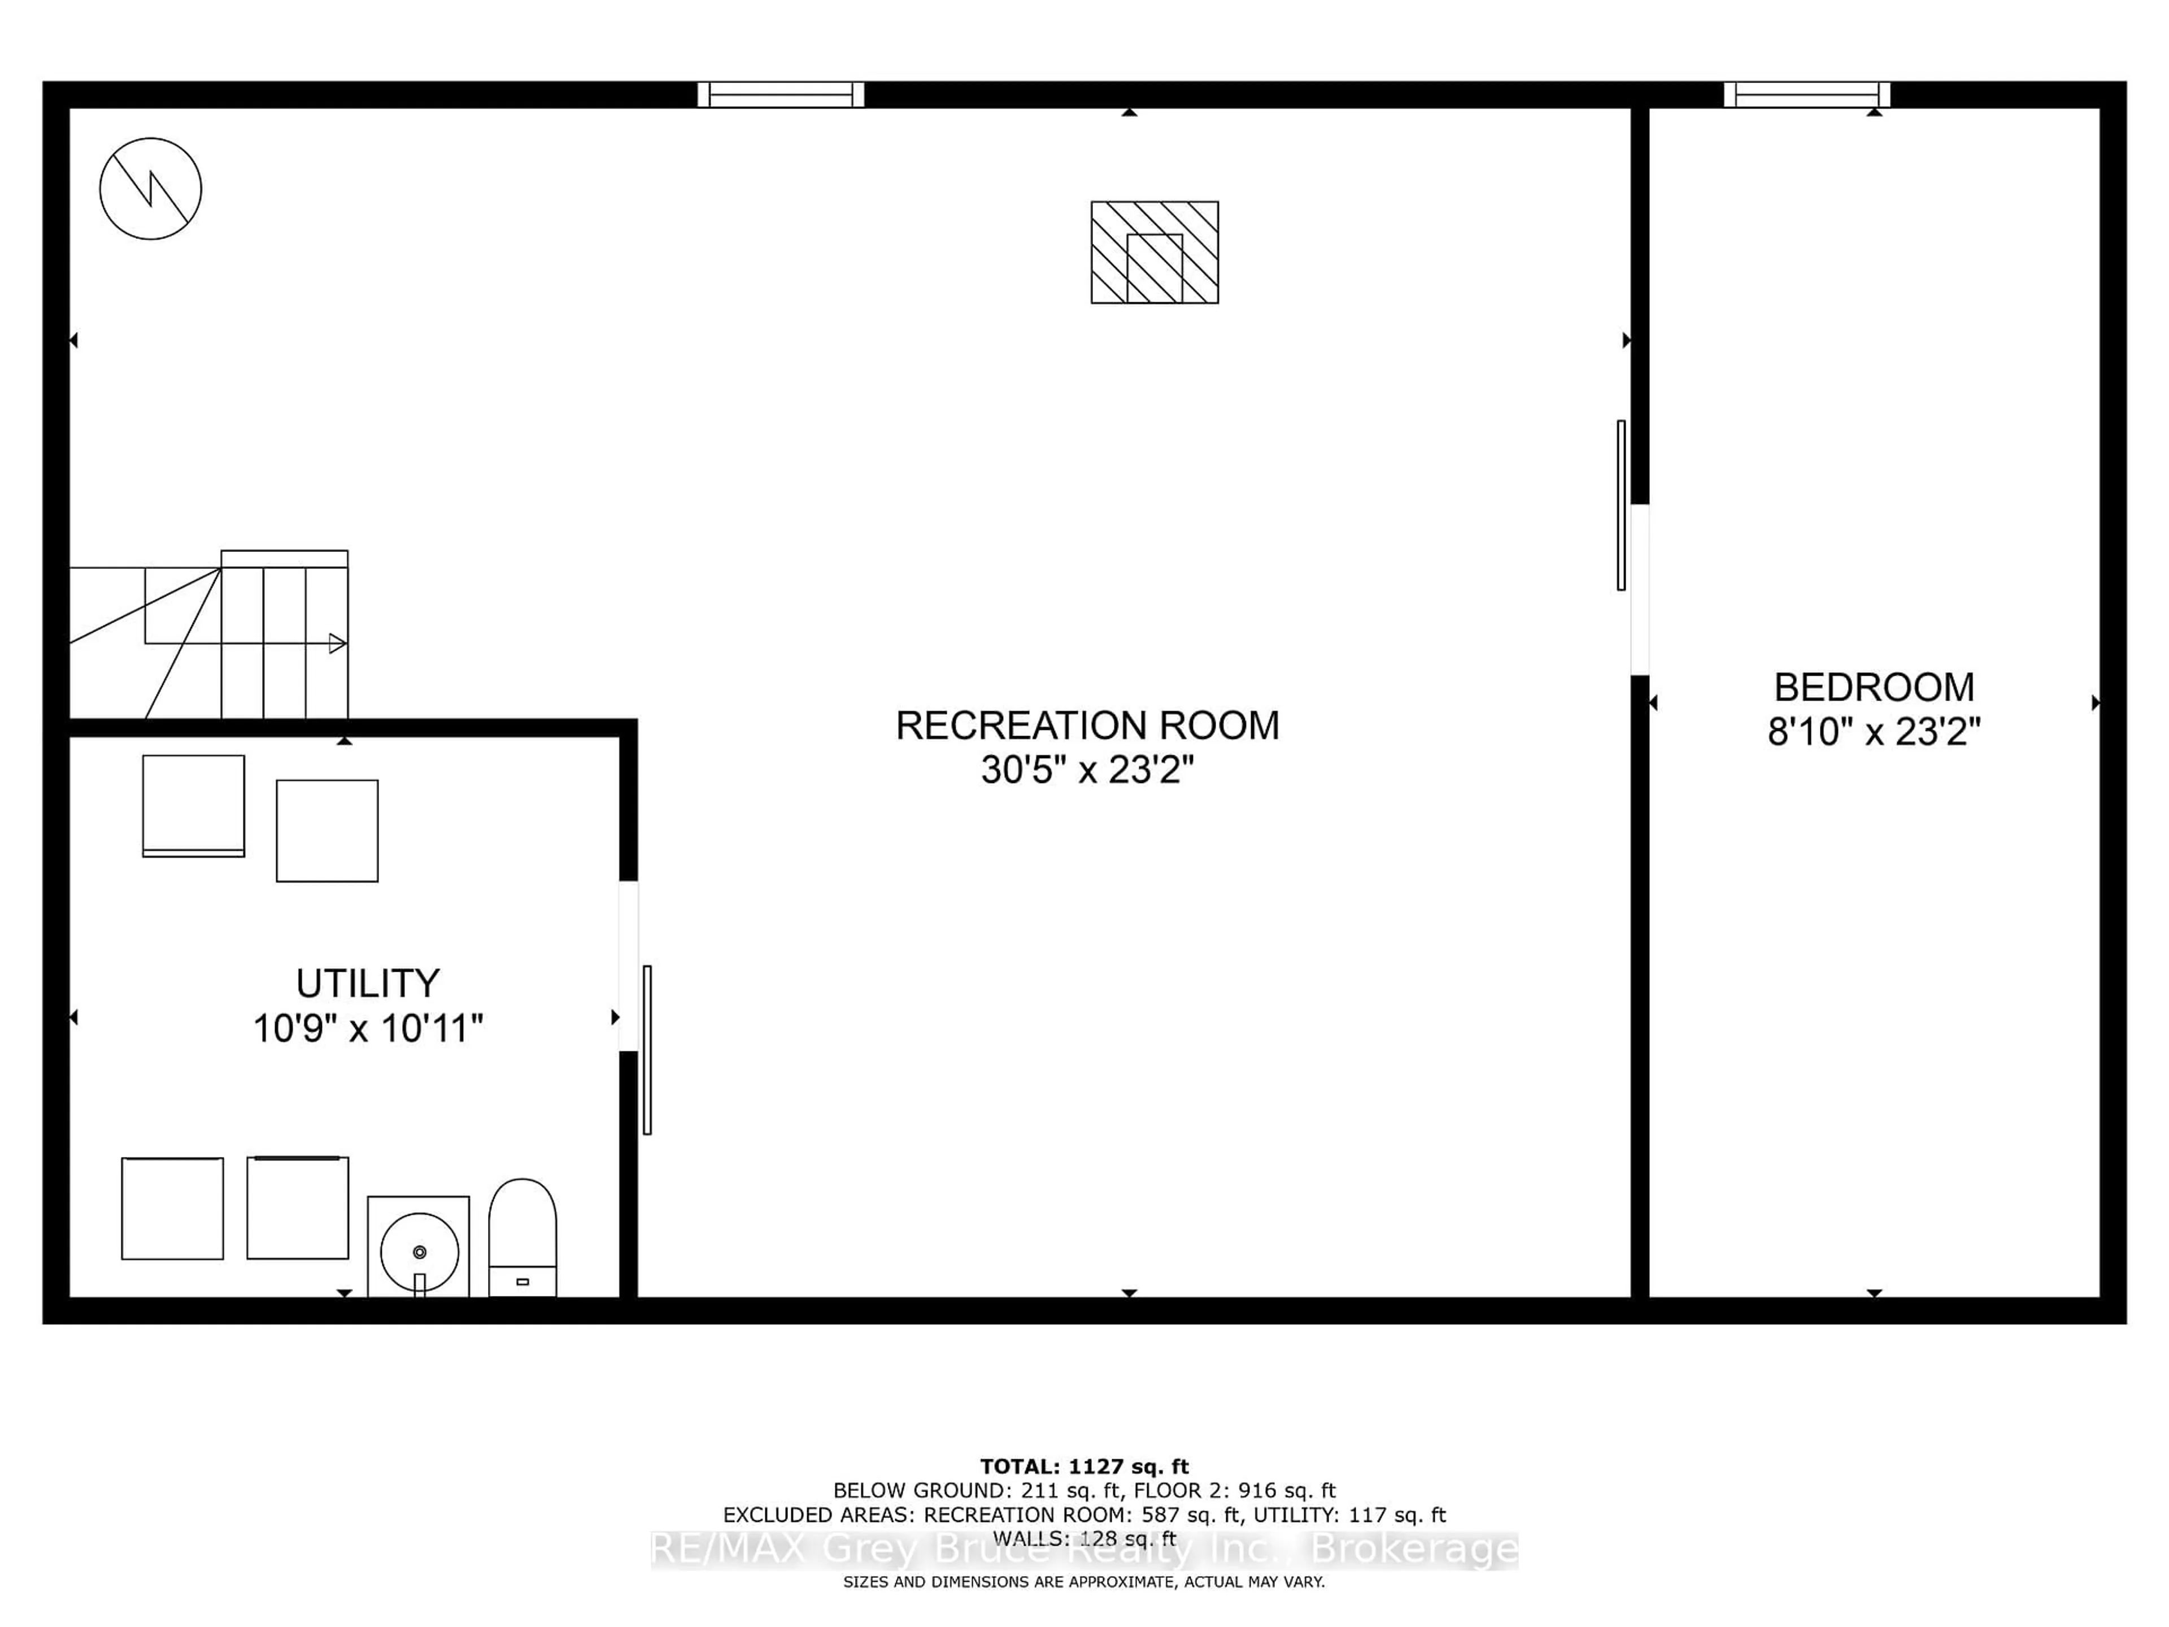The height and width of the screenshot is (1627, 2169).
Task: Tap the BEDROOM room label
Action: [1874, 688]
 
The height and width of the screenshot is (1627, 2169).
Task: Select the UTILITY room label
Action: [368, 982]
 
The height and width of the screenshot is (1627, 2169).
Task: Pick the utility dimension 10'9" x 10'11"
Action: [368, 1029]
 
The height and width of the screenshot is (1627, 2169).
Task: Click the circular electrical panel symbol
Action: [150, 188]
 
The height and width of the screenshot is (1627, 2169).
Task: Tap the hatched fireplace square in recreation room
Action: [1154, 252]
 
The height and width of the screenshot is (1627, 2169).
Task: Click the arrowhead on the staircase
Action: [337, 643]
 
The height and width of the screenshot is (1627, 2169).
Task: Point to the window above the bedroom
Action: [1806, 94]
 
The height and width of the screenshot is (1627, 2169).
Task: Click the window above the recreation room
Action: [781, 94]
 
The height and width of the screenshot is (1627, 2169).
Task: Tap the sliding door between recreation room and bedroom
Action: [1621, 505]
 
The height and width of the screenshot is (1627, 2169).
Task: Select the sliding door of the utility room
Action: [647, 1050]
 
